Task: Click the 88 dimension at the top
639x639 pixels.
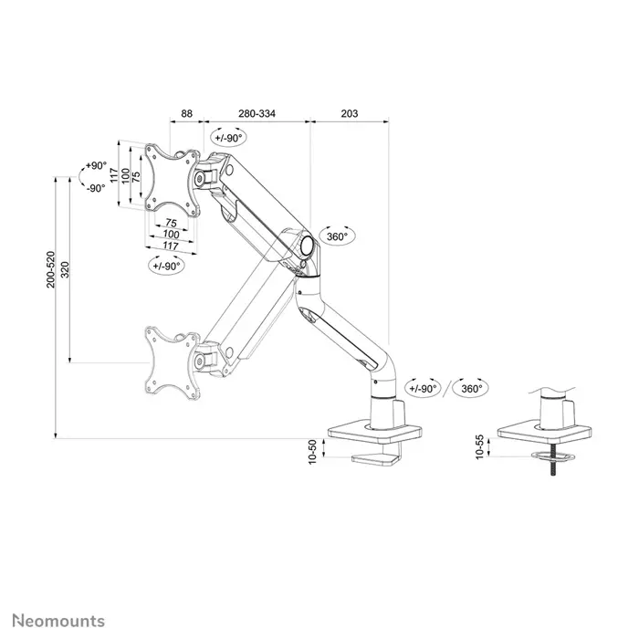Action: [187, 114]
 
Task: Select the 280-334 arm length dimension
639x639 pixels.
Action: [257, 114]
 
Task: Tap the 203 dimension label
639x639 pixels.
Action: [349, 114]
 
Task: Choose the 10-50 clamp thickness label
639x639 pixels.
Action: [312, 450]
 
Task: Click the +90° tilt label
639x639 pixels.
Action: [94, 166]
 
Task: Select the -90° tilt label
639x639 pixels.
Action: [95, 188]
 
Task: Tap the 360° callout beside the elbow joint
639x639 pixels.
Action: [339, 236]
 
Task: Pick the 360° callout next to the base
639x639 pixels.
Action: [472, 388]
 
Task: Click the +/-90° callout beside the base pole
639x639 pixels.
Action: [424, 388]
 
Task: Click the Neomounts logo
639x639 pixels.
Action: [57, 622]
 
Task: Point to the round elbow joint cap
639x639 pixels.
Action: [305, 245]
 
